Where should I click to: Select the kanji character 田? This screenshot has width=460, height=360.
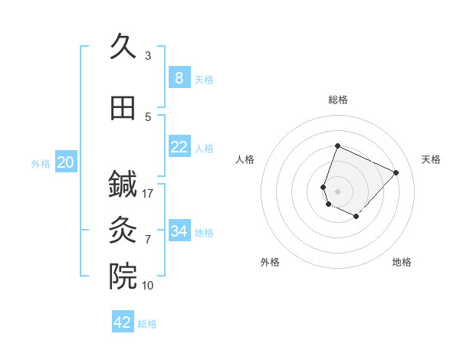point(123,108)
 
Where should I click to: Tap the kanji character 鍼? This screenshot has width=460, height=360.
point(123,185)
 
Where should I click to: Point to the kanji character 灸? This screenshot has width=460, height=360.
point(123,229)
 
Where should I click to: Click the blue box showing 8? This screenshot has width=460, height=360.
point(179,78)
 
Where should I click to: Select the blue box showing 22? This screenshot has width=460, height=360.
point(179,147)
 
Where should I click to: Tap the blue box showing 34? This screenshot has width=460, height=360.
point(179,231)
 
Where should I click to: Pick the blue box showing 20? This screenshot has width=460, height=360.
point(66,162)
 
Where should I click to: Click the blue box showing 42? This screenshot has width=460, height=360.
point(123,322)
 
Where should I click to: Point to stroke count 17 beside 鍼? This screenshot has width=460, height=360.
point(148,193)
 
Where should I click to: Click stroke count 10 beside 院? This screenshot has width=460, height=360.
point(148,285)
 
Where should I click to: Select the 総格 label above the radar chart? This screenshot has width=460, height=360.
point(337,100)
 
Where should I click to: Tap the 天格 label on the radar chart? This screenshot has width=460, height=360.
point(431,159)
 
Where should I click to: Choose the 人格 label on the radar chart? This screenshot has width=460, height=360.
point(245,159)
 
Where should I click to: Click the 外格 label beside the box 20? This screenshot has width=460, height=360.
point(41,163)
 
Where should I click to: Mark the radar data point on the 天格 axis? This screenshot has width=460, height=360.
point(396,172)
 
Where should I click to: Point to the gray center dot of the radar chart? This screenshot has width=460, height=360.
point(337,191)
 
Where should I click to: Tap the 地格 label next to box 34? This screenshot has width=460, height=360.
point(205,232)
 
